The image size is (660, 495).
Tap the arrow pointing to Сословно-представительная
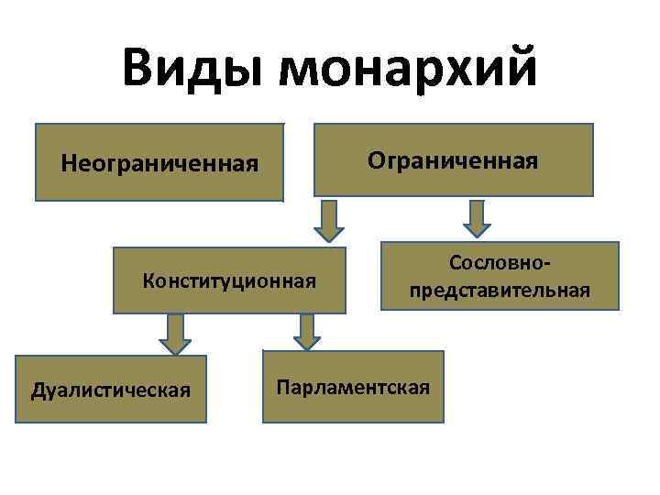[x=477, y=218]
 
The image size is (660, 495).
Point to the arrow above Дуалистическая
[x=175, y=334]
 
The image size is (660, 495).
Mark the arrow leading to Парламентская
[x=307, y=331]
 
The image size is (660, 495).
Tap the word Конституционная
[x=229, y=280]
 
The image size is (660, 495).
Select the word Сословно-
[x=500, y=263]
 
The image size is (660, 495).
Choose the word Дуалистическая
[x=111, y=390]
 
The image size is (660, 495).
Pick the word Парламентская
[x=353, y=386]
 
